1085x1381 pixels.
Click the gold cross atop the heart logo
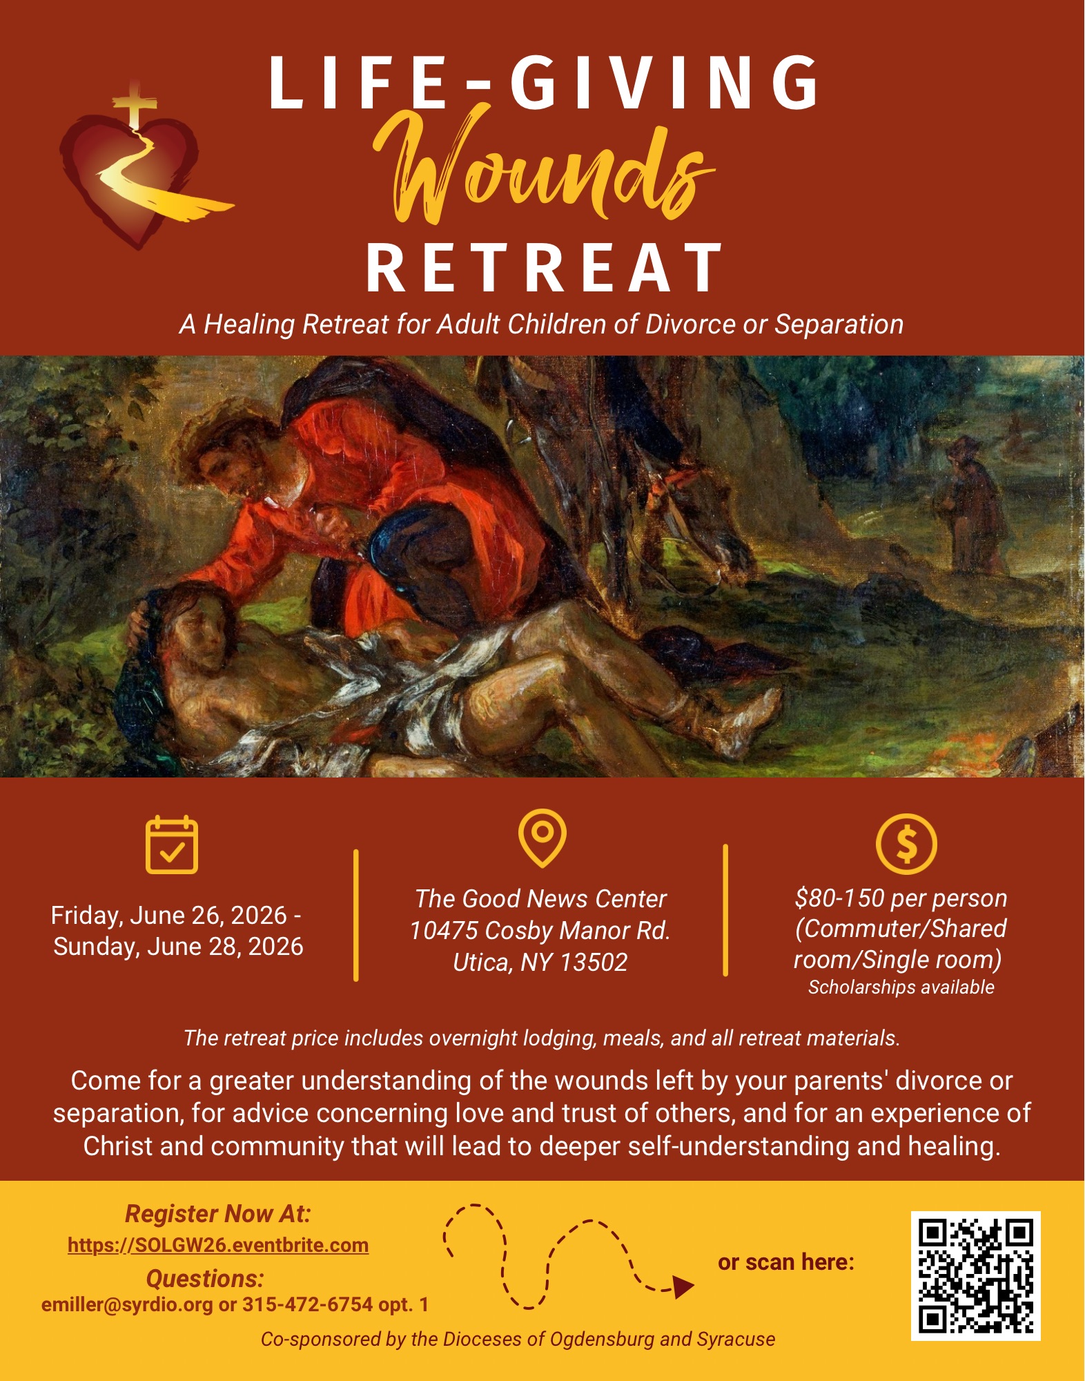pos(135,104)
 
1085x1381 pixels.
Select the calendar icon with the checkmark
pos(172,844)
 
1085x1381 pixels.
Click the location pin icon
pos(542,838)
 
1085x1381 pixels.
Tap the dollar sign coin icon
pos(906,844)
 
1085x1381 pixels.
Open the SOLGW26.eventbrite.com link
pos(218,1245)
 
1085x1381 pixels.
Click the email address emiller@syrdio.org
pos(127,1305)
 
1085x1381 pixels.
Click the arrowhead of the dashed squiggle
pos(683,1287)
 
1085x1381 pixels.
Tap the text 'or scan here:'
pos(786,1262)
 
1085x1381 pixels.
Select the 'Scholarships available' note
pos(901,987)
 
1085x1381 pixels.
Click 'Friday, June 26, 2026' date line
pos(168,915)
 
